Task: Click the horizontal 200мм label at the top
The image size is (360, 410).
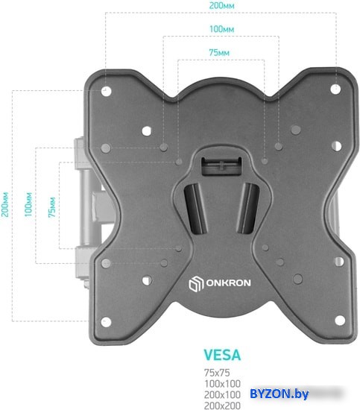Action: point(221,5)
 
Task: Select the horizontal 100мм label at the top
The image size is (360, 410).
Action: point(221,29)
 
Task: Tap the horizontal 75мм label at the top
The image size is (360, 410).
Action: point(219,53)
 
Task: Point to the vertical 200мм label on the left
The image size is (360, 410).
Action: point(5,204)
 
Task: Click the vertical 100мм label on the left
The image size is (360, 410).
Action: point(28,204)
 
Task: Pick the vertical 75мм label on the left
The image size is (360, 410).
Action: point(52,207)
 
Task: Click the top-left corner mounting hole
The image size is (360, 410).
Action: point(107,91)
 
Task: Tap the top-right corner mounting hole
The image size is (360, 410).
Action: point(335,89)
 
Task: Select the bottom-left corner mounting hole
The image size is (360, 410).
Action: point(106,322)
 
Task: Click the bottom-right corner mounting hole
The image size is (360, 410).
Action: point(340,321)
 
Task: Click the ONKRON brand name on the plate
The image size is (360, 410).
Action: point(229,283)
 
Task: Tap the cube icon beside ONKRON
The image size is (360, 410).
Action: point(196,284)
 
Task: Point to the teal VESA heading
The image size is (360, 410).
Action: point(222,355)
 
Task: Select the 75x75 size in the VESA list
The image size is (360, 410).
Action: point(217,372)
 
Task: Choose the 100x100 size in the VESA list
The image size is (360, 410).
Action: point(222,384)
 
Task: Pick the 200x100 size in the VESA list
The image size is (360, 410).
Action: point(222,394)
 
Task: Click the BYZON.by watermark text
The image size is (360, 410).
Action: point(280,394)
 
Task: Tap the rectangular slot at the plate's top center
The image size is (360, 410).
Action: point(221,166)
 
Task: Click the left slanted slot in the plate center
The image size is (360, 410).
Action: point(195,209)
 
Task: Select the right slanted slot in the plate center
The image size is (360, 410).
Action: point(247,208)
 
